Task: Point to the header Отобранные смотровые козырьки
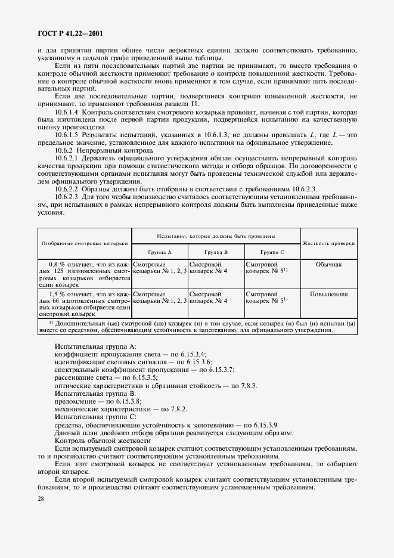point(85,244)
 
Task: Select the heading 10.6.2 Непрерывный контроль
point(95,150)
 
